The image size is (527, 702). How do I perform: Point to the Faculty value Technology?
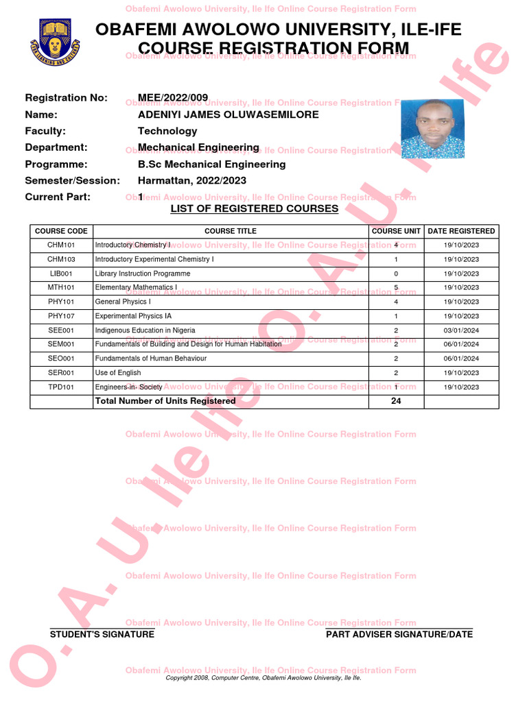click(167, 131)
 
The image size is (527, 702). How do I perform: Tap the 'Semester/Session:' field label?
click(72, 180)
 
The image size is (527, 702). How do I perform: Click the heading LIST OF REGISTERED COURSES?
click(254, 208)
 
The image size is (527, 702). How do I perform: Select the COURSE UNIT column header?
click(396, 231)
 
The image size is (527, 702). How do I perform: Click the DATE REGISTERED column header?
click(461, 231)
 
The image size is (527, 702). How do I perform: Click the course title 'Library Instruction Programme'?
click(143, 274)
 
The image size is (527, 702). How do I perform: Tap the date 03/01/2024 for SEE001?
click(461, 330)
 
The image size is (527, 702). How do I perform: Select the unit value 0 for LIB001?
click(396, 274)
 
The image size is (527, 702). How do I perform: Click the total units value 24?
click(396, 401)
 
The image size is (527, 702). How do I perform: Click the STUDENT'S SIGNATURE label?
click(102, 634)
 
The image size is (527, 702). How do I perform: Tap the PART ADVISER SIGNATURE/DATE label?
click(399, 634)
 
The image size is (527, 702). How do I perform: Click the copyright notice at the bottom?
click(263, 677)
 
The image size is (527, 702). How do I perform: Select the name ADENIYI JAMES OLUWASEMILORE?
click(229, 114)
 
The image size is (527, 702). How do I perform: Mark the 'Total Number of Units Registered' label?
click(165, 401)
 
